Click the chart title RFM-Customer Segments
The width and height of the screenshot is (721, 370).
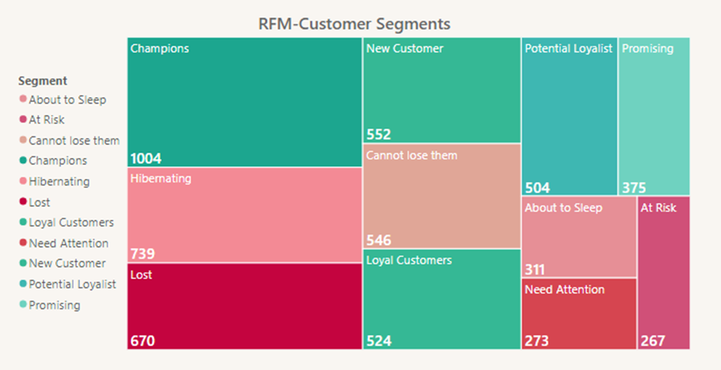[354, 24]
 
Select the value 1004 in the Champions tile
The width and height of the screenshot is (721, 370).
[145, 158]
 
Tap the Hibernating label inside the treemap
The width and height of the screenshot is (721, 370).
[161, 178]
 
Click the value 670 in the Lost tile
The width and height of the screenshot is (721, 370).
[142, 341]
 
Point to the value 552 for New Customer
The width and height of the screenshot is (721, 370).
[378, 134]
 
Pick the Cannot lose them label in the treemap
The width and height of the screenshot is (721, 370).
[412, 155]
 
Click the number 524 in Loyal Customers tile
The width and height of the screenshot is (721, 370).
[378, 341]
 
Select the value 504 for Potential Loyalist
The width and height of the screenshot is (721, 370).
[537, 187]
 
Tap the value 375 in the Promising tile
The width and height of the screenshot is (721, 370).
[634, 187]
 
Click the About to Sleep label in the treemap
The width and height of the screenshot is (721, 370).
[563, 208]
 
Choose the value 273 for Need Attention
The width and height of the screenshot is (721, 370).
[537, 341]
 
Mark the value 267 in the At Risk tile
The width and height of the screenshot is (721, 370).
[653, 341]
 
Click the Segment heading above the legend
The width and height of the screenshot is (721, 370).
[43, 81]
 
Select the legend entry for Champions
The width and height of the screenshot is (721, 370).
[58, 161]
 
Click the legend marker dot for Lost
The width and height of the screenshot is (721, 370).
[23, 202]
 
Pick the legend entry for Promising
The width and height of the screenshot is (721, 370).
[54, 305]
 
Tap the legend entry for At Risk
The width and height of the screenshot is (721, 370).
[47, 120]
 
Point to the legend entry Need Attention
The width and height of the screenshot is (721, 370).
[68, 243]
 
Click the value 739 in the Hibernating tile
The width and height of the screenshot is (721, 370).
[143, 254]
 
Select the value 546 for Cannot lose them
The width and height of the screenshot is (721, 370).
[378, 241]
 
